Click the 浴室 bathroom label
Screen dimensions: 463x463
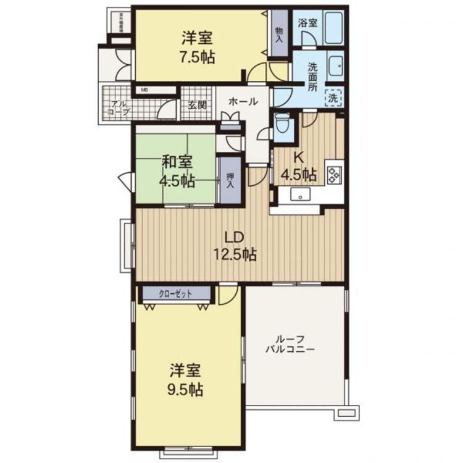(x=307, y=23)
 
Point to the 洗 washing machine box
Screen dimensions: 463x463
(x=333, y=97)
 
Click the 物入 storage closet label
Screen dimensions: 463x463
(x=279, y=35)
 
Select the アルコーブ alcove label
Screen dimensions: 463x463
(x=118, y=107)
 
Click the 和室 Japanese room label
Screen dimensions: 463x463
(x=178, y=162)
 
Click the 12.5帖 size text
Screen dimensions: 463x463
(x=235, y=254)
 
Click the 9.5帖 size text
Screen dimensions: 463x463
(x=186, y=390)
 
